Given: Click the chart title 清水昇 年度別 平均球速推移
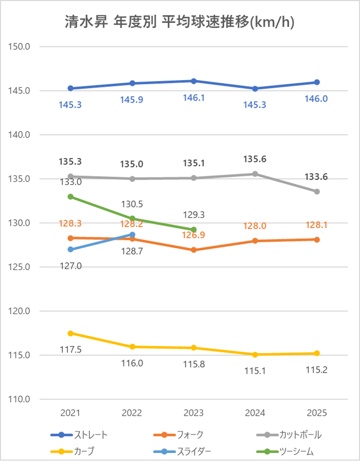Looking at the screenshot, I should [x=180, y=22].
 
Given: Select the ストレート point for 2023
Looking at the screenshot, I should [x=194, y=81].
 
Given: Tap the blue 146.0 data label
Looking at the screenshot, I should [x=317, y=99].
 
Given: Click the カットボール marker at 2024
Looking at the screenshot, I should [x=255, y=174].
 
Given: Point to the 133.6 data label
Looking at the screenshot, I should [x=317, y=177].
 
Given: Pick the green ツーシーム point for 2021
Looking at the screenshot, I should [x=70, y=197].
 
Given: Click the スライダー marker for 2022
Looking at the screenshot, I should [x=132, y=235].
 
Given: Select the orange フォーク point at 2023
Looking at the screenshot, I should [x=194, y=250].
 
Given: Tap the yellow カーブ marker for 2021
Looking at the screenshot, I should [x=70, y=333].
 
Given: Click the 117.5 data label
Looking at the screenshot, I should [x=70, y=350].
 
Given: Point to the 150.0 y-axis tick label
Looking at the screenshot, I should [x=20, y=46].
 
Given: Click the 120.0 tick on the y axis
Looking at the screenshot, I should [x=20, y=311].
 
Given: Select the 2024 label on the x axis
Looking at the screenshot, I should [x=255, y=413].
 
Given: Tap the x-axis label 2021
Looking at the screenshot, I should [x=70, y=413].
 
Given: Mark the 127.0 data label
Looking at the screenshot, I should [x=70, y=266].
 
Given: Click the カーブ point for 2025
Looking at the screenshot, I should [x=317, y=353].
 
